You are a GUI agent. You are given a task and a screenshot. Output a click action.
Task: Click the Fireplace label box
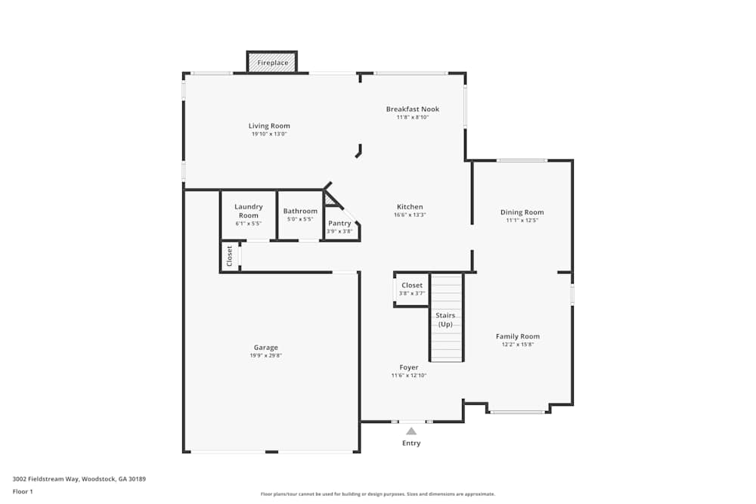272,63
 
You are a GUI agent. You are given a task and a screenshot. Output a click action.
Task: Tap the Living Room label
269,125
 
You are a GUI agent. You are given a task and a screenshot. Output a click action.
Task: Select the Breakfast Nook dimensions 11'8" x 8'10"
413,117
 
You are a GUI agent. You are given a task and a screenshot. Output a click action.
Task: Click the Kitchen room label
410,207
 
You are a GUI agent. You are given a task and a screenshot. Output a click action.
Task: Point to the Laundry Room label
248,211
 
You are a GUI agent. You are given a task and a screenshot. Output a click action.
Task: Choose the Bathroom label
300,211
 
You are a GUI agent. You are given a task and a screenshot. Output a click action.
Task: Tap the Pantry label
339,223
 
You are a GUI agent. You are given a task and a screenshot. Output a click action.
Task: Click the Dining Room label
522,212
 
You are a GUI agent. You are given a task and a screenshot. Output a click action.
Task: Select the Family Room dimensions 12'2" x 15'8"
518,345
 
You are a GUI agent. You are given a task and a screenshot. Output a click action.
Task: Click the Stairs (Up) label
445,320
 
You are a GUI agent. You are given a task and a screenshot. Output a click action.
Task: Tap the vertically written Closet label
230,256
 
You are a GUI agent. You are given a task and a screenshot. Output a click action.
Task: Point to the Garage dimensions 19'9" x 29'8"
265,356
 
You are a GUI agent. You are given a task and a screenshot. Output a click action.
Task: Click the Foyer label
409,367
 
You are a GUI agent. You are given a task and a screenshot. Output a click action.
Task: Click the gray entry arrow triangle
411,431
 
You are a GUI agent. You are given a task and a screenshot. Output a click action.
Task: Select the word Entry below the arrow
411,444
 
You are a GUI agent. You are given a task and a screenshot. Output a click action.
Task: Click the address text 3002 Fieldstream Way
45,479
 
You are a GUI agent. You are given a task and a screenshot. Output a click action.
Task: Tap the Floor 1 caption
23,491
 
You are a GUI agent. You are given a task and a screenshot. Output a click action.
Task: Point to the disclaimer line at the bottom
378,494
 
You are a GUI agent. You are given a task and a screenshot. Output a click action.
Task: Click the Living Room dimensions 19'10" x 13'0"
269,134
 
